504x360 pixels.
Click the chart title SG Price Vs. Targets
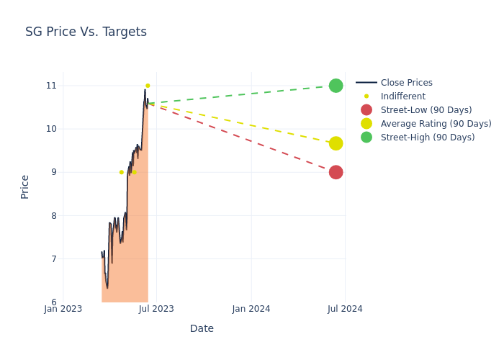(x=86, y=32)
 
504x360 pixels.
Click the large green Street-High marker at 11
(x=336, y=86)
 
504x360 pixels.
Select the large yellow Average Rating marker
(x=336, y=143)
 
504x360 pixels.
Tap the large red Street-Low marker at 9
(x=336, y=172)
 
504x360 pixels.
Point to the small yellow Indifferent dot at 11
(x=148, y=86)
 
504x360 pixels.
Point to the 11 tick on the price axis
(x=51, y=86)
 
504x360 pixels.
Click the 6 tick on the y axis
(x=53, y=302)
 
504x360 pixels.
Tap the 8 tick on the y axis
(x=53, y=215)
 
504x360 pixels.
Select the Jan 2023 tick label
(x=63, y=309)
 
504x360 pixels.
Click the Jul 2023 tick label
(x=156, y=309)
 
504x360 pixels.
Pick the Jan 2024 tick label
(x=251, y=309)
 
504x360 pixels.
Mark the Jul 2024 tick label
(x=345, y=309)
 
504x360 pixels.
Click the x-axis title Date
(x=202, y=328)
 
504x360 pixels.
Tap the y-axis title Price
(x=25, y=186)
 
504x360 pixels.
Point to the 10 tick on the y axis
(x=51, y=129)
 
